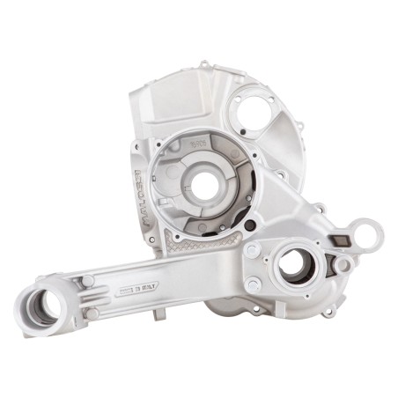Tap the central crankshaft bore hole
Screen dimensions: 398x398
point(204,184)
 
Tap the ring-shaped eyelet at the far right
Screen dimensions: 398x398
point(366,235)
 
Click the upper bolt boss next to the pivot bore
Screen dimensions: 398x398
point(88,281)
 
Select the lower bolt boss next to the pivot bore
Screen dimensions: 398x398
point(92,313)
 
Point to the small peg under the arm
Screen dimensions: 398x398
point(158,313)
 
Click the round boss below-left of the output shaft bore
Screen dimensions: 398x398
point(253,284)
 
